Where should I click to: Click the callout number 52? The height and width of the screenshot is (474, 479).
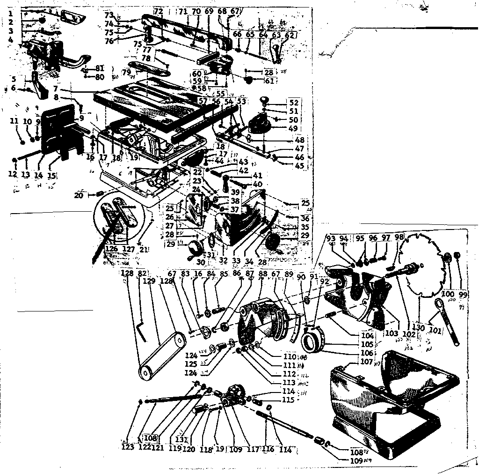(x=293, y=103)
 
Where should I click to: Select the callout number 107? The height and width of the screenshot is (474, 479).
(x=367, y=362)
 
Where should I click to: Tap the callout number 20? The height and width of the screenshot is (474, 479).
(x=79, y=195)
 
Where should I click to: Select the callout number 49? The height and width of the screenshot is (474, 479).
(x=293, y=128)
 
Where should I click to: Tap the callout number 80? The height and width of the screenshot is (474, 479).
(x=100, y=77)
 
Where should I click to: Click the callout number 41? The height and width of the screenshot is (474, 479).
(x=257, y=176)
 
